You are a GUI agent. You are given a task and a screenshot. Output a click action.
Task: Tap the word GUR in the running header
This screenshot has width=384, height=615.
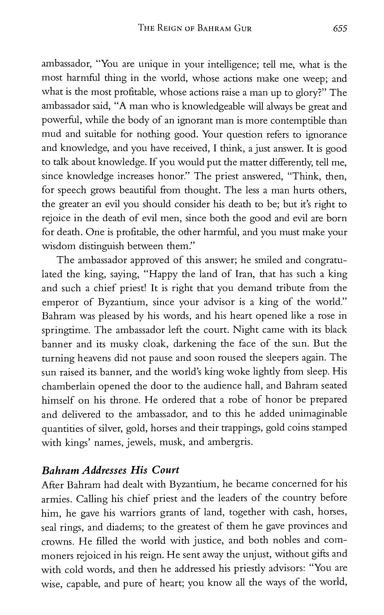tap(242, 28)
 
